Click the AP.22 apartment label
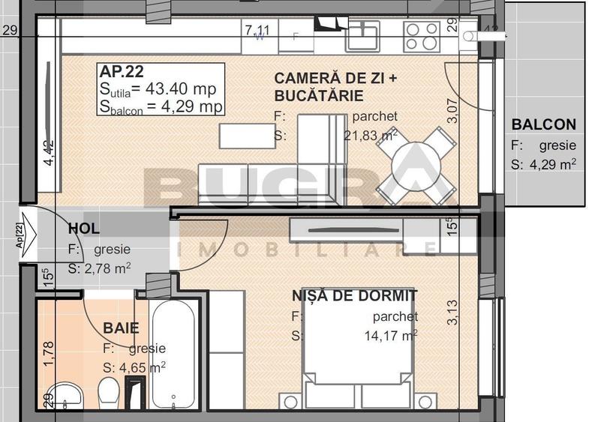coord(123,72)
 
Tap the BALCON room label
coord(543,125)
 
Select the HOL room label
coord(84,229)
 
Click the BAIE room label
coord(121,328)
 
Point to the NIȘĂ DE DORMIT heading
coord(354,296)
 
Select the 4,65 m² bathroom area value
coord(143,368)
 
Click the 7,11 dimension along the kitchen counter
coord(257,30)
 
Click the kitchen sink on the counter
coord(362,35)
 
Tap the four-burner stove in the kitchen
coord(422,35)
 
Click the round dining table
coord(415,165)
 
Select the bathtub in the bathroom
coord(174,353)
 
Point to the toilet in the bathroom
coord(110,391)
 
